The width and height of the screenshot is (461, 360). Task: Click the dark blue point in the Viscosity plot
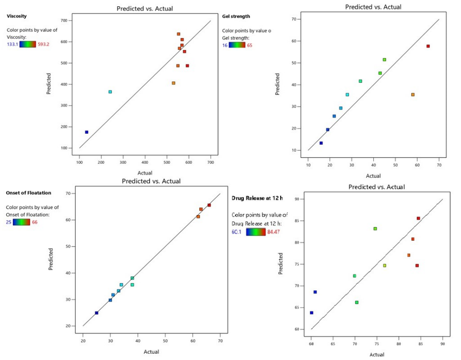87,132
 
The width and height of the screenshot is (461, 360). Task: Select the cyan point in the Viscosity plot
110,92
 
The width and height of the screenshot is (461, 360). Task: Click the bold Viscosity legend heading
17,16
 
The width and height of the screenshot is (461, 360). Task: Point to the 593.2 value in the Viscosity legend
47,45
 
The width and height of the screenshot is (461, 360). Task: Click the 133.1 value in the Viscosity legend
13,45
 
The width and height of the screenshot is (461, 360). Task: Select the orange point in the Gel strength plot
413,94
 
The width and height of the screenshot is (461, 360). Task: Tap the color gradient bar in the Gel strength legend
237,45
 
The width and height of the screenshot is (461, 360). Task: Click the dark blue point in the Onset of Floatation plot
96,313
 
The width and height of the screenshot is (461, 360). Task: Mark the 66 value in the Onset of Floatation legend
35,222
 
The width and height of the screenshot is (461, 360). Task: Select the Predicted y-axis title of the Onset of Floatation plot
51,259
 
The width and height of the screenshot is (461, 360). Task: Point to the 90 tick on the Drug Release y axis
301,199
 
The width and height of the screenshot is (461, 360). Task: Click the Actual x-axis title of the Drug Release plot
377,354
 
